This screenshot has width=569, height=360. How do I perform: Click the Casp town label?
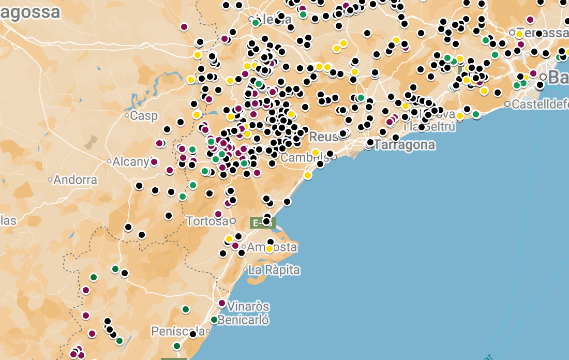tap(144, 116)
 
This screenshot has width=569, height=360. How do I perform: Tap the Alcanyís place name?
tap(131, 161)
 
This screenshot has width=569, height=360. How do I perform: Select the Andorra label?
tap(76, 180)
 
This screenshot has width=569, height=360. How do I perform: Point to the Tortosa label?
tap(207, 221)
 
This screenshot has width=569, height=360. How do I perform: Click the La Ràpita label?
tap(274, 270)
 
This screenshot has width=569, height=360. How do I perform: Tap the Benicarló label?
tap(243, 320)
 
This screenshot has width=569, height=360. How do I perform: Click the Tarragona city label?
tap(405, 145)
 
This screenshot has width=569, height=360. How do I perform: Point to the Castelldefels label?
tap(540, 104)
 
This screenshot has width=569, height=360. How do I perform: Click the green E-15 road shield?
tap(262, 223)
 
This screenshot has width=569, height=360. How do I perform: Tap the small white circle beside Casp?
tap(127, 116)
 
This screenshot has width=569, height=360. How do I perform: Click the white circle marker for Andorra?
tap(50, 180)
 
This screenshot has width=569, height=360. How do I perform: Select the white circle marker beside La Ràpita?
tap(245, 270)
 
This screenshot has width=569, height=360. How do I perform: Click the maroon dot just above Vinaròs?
tap(222, 303)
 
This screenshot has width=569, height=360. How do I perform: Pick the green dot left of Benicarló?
tap(214, 320)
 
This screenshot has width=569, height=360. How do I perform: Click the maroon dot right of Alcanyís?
tap(154, 162)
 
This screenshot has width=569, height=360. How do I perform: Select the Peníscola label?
tap(177, 331)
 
